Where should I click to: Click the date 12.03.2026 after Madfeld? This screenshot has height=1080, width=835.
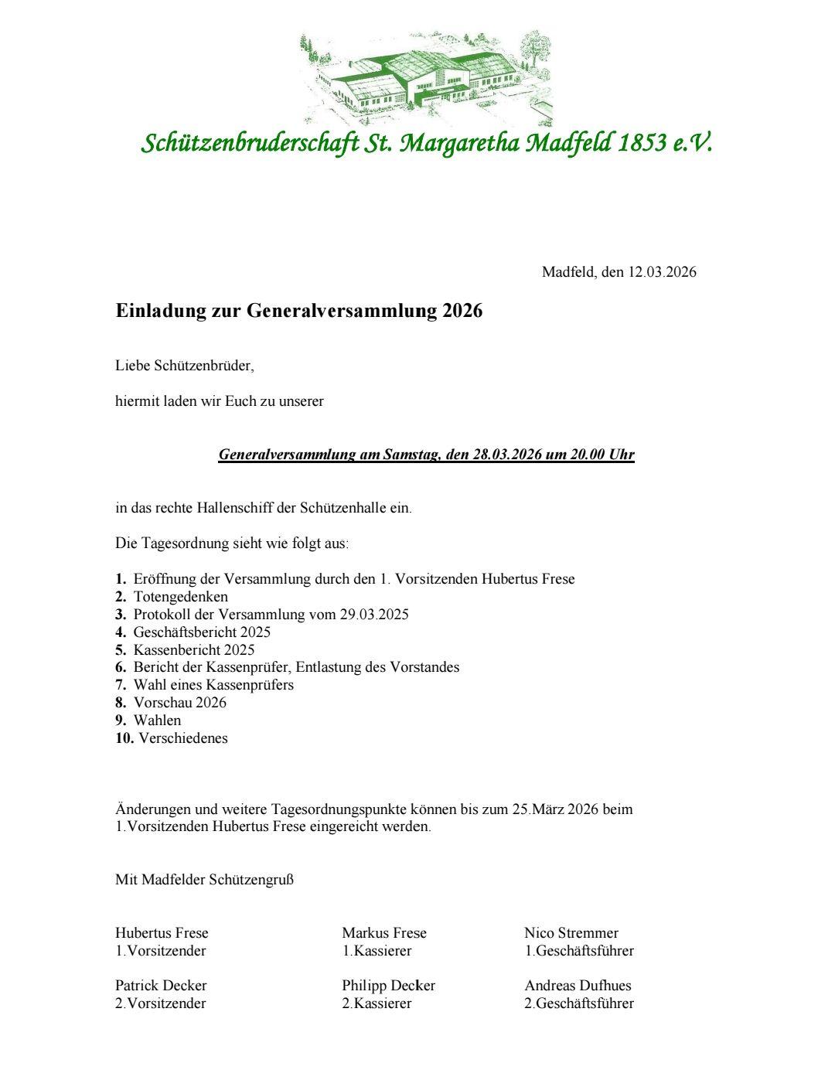[662, 272]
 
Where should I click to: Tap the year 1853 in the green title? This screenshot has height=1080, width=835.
[642, 143]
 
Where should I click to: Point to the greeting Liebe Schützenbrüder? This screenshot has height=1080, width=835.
[184, 366]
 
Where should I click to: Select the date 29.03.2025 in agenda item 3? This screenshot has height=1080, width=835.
[373, 615]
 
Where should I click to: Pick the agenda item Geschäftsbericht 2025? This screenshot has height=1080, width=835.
[202, 632]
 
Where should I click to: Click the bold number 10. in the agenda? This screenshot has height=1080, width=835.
[124, 738]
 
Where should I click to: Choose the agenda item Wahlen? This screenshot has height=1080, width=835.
[157, 721]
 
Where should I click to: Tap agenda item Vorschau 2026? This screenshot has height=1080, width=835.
[179, 703]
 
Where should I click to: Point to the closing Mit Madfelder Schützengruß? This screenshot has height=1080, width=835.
[204, 880]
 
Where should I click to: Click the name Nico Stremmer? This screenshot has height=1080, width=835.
[571, 933]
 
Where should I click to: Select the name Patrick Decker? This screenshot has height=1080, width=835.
[161, 986]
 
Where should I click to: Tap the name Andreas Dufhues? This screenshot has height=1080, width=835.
[578, 986]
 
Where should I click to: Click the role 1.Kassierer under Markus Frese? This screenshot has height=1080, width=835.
[377, 951]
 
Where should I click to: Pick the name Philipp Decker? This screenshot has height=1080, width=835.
[388, 986]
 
